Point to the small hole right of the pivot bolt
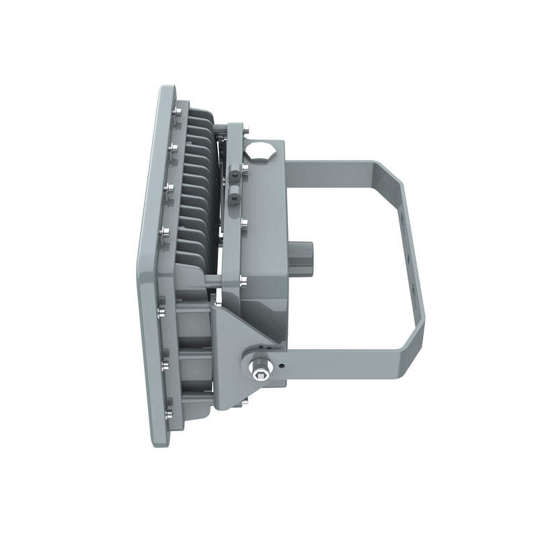pos(282,366)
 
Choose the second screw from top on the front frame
pos(174,147)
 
